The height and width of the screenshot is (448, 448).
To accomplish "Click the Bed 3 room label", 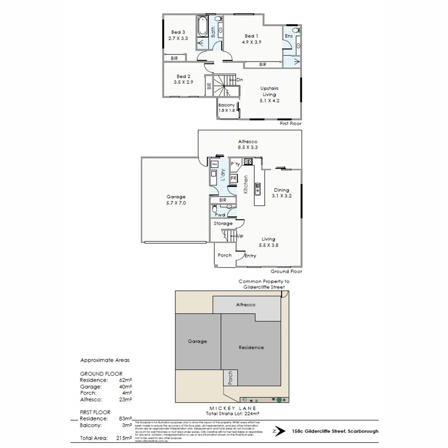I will [x=178, y=32].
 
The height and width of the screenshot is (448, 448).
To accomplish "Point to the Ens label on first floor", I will [x=289, y=37].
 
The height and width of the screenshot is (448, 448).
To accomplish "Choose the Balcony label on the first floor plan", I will [x=227, y=105].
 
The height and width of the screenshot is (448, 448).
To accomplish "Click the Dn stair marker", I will [x=239, y=80].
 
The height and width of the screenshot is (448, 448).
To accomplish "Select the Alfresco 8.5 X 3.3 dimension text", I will [x=248, y=147].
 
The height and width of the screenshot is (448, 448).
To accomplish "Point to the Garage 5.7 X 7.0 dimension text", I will [x=176, y=203].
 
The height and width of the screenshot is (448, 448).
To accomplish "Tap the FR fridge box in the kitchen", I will [x=234, y=178].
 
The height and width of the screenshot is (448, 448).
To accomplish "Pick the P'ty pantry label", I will [x=235, y=163].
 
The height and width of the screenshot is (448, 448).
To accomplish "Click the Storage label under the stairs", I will [x=223, y=224].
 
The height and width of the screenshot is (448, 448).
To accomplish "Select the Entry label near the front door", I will [x=250, y=256].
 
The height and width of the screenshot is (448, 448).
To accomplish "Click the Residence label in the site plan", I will [x=251, y=348].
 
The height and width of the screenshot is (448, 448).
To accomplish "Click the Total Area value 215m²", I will [x=124, y=438].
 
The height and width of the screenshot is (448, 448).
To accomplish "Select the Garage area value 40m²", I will [x=126, y=386].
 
